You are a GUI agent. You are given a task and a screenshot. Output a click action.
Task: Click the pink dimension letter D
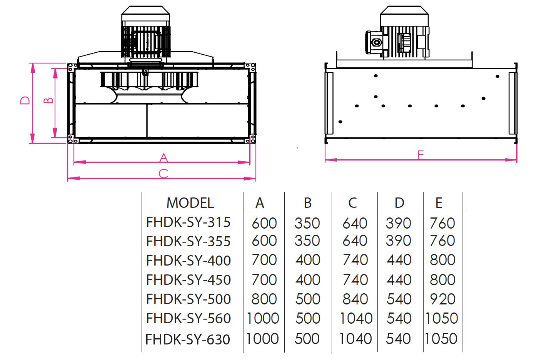click(x=25, y=100)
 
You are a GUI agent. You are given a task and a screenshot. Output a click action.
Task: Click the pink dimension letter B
click(x=48, y=100)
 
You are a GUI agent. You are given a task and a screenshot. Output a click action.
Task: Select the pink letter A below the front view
click(x=164, y=158)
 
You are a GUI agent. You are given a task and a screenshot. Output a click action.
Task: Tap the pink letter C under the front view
click(x=164, y=174)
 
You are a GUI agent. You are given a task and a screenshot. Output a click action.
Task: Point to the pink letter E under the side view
click(x=421, y=155)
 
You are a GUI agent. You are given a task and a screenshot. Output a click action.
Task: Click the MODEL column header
click(x=190, y=203)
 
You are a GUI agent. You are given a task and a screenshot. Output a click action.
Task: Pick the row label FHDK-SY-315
click(x=188, y=222)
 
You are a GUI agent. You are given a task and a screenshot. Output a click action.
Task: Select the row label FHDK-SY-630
click(x=188, y=339)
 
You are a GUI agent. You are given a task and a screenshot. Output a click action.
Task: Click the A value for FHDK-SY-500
click(x=264, y=299)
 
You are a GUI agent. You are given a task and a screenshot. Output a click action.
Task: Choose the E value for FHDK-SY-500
click(x=442, y=299)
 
